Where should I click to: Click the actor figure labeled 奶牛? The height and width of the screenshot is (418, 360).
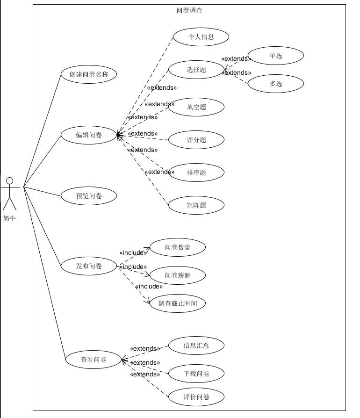point(9,194)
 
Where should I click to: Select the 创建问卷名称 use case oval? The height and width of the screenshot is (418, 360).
point(89,74)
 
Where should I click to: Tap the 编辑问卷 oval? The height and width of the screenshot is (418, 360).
point(89,135)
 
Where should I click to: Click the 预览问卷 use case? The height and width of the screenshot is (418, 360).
point(89,196)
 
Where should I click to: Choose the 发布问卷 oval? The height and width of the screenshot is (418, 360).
point(89,266)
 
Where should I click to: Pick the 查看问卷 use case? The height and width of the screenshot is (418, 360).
point(94,360)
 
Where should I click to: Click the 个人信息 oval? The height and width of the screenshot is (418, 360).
point(201,37)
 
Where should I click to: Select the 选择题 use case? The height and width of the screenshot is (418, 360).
point(196,70)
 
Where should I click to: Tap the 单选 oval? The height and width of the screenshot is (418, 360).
point(276,56)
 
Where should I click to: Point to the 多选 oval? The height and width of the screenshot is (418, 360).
point(276,84)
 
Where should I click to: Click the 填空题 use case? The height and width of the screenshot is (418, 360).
point(196,107)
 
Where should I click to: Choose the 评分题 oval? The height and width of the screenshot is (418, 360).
point(196,140)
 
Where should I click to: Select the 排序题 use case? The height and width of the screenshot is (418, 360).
point(196,173)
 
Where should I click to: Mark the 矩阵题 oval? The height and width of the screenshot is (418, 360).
point(196,205)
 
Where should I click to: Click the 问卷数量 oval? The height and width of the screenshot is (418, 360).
point(178,247)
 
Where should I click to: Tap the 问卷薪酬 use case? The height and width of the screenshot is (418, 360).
point(178,275)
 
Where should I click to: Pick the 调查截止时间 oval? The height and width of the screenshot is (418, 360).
point(178,303)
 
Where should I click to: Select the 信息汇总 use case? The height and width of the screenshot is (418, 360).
point(196,346)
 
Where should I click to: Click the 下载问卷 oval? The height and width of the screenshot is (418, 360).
point(196,374)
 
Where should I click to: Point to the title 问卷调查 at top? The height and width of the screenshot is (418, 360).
point(189,10)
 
